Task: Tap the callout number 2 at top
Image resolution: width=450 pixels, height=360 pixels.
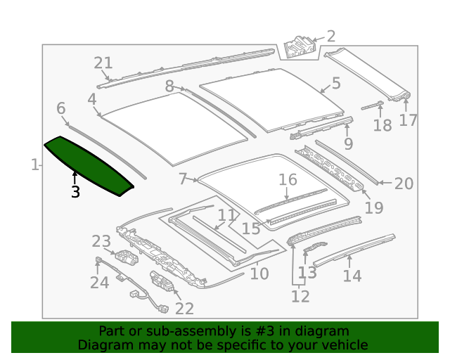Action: pos(330,37)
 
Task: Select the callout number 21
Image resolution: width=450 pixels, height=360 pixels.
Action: pos(103,63)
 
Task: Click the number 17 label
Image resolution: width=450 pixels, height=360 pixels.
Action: pos(409,120)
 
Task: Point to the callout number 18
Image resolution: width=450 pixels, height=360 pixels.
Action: pos(382,125)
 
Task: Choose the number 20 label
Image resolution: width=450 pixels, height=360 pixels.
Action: pos(404,184)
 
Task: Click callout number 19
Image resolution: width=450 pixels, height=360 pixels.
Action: pos(374,207)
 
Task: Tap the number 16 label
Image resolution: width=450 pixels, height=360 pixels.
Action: pos(288,180)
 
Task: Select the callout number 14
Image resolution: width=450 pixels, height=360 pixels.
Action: pos(352,275)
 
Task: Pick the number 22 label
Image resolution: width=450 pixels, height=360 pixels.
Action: pos(184,308)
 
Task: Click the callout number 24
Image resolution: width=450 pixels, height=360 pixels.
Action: pos(99,282)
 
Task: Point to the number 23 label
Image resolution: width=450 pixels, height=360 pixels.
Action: pos(101,242)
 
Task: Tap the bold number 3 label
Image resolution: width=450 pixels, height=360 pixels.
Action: pos(75,191)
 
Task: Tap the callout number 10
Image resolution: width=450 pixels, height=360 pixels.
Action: pos(259,273)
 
